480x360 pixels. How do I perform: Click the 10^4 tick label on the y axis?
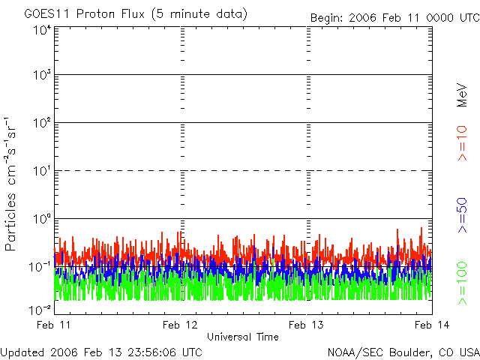pyautogui.click(x=42, y=31)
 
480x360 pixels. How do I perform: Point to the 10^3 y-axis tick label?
pyautogui.click(x=42, y=75)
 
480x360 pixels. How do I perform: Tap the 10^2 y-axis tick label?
pyautogui.click(x=42, y=122)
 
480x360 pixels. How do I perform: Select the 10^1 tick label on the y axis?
pyautogui.click(x=42, y=170)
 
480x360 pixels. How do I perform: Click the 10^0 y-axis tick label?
pyautogui.click(x=42, y=218)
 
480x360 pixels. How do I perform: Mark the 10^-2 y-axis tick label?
pyautogui.click(x=40, y=309)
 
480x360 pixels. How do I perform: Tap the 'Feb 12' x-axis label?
pyautogui.click(x=181, y=325)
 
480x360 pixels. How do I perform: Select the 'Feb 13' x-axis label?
pyautogui.click(x=307, y=325)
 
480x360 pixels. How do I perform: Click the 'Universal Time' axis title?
pyautogui.click(x=243, y=337)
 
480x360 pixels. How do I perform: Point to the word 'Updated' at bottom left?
pyautogui.click(x=23, y=352)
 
